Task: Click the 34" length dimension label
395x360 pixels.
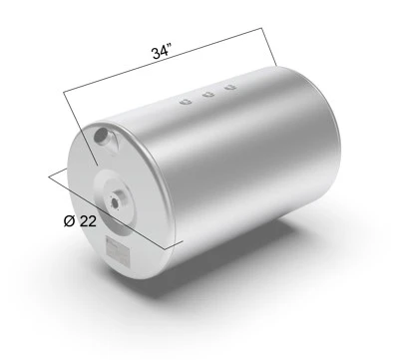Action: coord(162,53)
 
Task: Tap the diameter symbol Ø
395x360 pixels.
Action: coord(69,220)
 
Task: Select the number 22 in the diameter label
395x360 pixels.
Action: coord(88,221)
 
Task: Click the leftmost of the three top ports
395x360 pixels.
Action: coord(186,101)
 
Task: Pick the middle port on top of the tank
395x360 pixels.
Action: coord(208,95)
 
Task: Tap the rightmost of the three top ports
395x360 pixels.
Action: coord(230,87)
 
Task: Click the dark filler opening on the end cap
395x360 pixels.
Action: coord(101,137)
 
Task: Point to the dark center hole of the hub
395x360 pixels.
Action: coord(115,202)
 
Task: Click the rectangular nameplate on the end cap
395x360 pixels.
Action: coord(117,251)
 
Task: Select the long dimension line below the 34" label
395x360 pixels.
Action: coord(163,60)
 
